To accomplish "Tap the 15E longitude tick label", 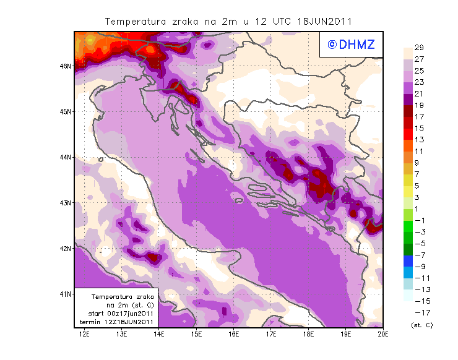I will [197, 335].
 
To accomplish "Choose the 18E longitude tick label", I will [308, 335].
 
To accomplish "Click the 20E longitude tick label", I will [383, 335].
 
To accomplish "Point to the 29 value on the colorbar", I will [418, 48].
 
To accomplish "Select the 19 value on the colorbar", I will [418, 105].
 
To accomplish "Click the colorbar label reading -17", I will [418, 312].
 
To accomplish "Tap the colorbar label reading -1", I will [418, 220].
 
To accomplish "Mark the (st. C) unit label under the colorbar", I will [421, 325].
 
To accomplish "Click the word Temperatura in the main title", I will [136, 21].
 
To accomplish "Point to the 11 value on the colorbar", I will [418, 151].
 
